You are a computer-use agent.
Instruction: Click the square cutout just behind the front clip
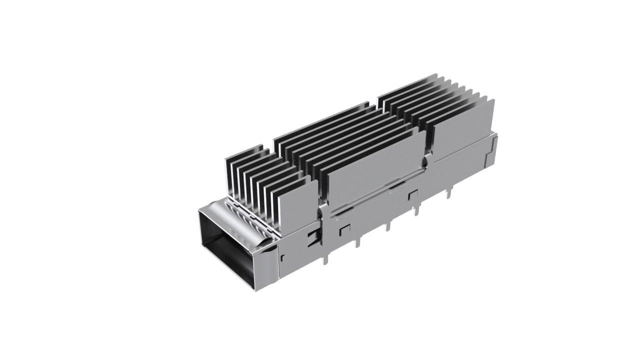pyautogui.click(x=344, y=230)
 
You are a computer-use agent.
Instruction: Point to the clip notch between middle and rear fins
pyautogui.click(x=426, y=161)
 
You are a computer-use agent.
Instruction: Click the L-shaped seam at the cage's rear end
pyautogui.click(x=492, y=145)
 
